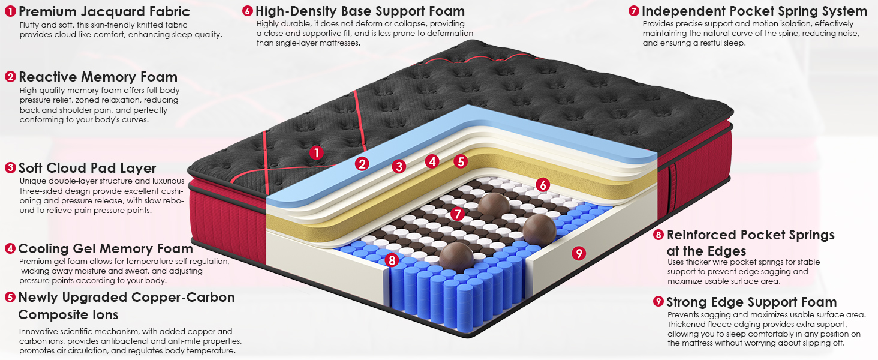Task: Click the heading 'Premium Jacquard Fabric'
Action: click(104, 11)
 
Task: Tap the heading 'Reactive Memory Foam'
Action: click(98, 76)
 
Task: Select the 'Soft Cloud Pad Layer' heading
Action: click(88, 168)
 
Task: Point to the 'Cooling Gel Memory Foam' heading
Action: click(106, 248)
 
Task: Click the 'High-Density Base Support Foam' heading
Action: click(360, 11)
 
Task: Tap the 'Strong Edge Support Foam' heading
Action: click(752, 302)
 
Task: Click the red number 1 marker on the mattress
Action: click(316, 152)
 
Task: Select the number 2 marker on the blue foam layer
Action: click(362, 164)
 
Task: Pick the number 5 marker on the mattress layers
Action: click(461, 161)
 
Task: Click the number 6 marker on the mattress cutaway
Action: click(543, 184)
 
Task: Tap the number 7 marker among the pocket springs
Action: click(457, 214)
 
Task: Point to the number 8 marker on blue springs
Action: click(392, 260)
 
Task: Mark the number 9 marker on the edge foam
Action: click(579, 253)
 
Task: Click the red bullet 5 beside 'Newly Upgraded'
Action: click(10, 297)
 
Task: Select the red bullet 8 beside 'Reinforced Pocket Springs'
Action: click(659, 235)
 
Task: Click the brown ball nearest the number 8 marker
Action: click(456, 256)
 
